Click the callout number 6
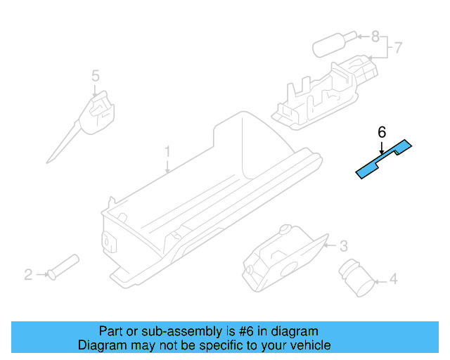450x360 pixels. click(382, 131)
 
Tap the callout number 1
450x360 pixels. click(167, 151)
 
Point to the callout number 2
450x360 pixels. click(28, 275)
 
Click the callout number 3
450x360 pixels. click(343, 246)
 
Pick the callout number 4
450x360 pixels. click(393, 280)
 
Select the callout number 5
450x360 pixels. click(95, 75)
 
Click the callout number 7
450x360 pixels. click(397, 48)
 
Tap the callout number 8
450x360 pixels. click(375, 35)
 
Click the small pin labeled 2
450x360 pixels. click(63, 267)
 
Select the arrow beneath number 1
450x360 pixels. click(167, 166)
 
